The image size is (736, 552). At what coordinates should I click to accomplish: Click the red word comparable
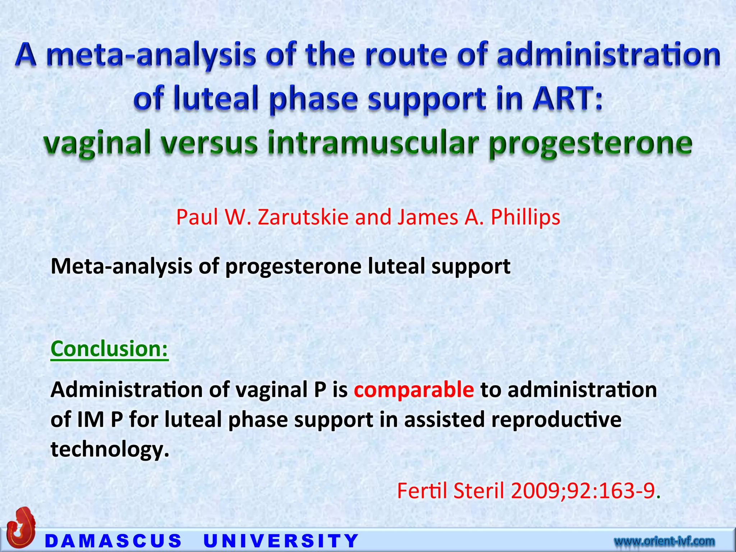pyautogui.click(x=414, y=390)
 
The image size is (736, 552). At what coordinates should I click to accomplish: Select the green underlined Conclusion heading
pyautogui.click(x=110, y=349)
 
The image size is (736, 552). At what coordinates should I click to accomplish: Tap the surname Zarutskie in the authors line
pyautogui.click(x=303, y=217)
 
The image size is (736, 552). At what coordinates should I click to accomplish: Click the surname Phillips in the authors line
pyautogui.click(x=525, y=217)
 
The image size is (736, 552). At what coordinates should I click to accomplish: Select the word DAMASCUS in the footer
pyautogui.click(x=114, y=541)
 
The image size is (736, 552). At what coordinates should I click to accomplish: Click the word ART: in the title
pyautogui.click(x=567, y=99)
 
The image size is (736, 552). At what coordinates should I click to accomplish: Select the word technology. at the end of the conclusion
pyautogui.click(x=110, y=449)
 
